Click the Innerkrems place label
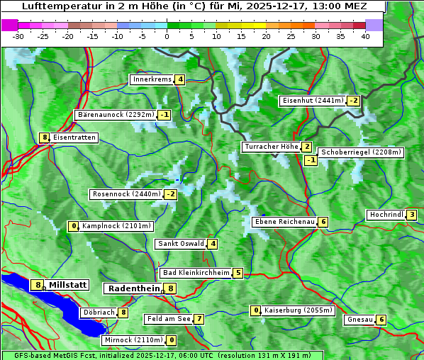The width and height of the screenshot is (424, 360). click(x=152, y=79)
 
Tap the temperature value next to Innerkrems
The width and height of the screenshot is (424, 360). click(x=180, y=79)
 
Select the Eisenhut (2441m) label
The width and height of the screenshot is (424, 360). click(x=312, y=101)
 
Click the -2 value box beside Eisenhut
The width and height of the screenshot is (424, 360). click(x=353, y=101)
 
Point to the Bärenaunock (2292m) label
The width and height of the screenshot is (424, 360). click(x=115, y=114)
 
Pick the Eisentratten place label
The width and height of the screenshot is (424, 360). click(x=74, y=137)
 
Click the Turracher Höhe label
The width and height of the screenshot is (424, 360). click(x=271, y=147)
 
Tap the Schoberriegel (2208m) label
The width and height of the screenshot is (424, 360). click(x=361, y=152)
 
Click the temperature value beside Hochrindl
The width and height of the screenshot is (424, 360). click(x=412, y=215)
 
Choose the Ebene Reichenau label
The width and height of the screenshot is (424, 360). click(x=284, y=222)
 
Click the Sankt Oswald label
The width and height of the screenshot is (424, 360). click(x=180, y=244)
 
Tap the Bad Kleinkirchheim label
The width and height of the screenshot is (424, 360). click(x=196, y=273)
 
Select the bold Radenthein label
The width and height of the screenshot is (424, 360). click(x=133, y=288)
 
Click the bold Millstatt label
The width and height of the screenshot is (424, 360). click(x=68, y=285)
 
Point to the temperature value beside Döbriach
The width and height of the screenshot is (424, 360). click(x=123, y=312)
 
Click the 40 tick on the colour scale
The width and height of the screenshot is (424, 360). click(x=365, y=36)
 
